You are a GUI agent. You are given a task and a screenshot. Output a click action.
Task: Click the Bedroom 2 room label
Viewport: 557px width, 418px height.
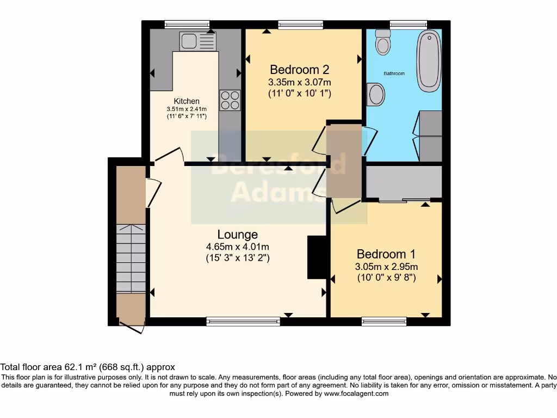300,70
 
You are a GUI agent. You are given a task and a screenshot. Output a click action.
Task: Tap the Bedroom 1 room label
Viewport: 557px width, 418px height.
386,254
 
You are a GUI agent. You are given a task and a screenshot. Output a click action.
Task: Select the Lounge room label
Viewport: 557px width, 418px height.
237,235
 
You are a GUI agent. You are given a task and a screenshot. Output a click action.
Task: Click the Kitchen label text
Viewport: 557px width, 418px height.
187,101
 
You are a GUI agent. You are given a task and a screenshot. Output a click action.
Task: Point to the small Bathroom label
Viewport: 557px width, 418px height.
394,73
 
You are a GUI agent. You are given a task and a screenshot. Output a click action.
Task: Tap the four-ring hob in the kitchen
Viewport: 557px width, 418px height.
230,100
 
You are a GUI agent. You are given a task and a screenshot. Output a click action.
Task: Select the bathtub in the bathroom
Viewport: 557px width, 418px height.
429,60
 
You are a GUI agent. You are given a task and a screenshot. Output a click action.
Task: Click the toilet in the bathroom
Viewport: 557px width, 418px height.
384,41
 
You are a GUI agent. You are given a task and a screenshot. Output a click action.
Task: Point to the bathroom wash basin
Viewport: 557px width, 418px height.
376,94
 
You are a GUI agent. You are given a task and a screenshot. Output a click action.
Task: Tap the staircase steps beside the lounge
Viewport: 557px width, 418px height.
131,259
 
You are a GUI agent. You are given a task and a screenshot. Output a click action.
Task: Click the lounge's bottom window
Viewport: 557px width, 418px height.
243,322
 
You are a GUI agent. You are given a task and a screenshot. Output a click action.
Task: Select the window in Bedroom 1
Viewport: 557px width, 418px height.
384,322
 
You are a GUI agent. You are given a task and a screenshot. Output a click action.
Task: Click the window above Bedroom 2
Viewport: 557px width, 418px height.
300,24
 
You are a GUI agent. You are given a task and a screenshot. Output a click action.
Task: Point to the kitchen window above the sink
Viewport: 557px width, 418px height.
187,24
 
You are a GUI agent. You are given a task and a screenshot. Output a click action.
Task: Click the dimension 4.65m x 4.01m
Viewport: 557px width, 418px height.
237,246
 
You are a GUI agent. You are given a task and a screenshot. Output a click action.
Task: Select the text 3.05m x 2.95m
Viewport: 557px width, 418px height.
387,267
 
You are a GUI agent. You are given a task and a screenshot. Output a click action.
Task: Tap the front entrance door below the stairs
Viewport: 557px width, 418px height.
132,328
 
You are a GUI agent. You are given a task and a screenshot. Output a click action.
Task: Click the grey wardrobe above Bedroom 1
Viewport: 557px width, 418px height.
403,183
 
